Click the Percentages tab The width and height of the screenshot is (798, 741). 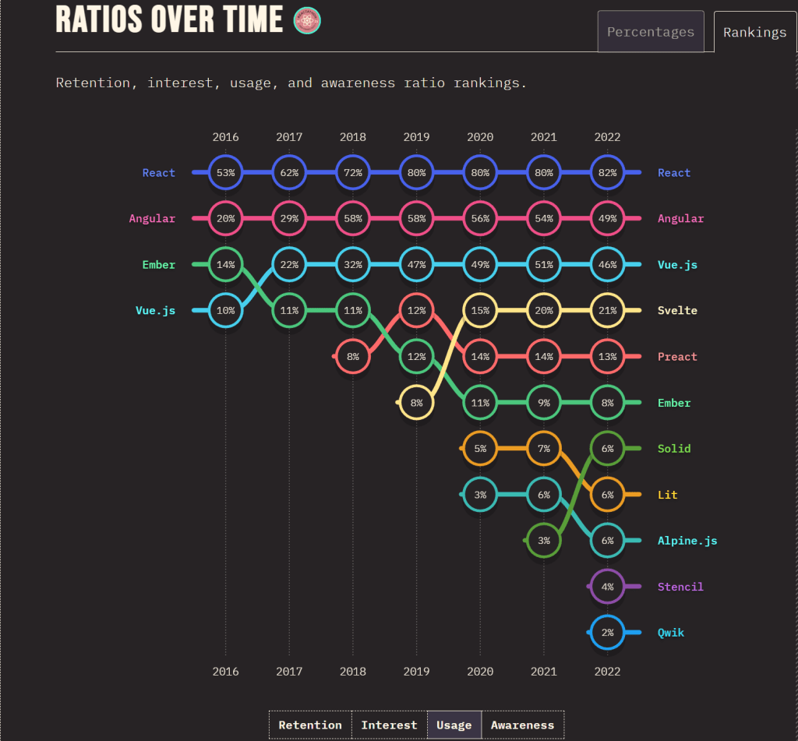coord(651,32)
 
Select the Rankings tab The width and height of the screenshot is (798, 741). coord(754,33)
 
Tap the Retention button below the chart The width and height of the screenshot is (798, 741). coord(310,725)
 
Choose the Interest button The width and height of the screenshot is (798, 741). coord(389,725)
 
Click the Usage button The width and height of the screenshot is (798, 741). coord(454,725)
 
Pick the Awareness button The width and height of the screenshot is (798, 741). coord(522,725)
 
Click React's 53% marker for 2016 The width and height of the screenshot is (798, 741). coord(226,173)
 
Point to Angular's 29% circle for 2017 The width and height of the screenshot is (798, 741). coord(289,219)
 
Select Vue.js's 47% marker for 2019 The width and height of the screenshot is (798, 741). coord(416,265)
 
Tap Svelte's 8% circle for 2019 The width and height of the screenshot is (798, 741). coord(416,403)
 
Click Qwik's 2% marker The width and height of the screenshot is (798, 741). coord(607,633)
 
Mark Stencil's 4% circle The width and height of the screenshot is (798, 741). coord(607,587)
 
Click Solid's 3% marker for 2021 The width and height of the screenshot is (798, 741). coord(544,541)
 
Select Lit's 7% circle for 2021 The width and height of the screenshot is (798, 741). coord(544,449)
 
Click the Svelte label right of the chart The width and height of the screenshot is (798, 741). coord(677,311)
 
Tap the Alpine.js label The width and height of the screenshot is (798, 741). coord(687,541)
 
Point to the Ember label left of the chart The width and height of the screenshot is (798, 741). coord(159,265)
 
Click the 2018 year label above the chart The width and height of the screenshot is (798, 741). coord(353,137)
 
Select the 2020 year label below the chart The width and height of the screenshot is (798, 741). coord(480,672)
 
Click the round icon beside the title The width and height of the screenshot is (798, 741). coord(306,21)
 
